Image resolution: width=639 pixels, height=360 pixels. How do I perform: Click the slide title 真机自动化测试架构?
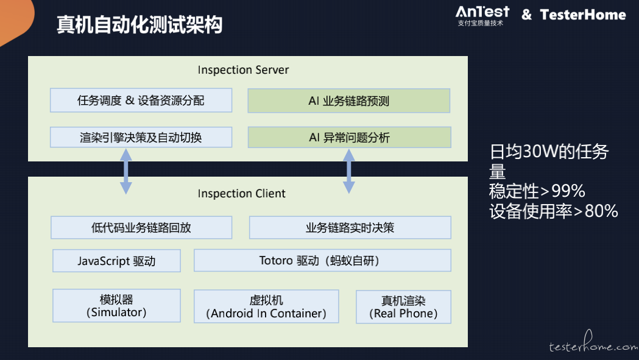pos(139,24)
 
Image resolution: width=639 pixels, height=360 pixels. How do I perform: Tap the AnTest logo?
pos(482,16)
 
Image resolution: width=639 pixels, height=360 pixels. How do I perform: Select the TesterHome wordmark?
pos(583,15)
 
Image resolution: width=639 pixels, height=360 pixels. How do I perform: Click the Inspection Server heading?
pos(243,69)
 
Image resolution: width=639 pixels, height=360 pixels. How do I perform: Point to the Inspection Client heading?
pos(242,193)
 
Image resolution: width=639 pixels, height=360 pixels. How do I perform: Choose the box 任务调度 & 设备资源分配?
pos(141,101)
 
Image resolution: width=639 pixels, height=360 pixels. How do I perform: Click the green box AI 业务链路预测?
pos(349,101)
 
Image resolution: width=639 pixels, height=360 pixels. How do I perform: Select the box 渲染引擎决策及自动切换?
pos(141,138)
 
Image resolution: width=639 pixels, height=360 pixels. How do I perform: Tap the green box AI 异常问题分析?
pos(349,138)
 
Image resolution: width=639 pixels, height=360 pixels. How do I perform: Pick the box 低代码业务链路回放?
pos(141,227)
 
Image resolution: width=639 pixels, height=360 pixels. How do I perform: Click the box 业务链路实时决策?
pos(350,227)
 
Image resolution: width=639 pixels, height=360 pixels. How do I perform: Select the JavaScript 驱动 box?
pos(116,261)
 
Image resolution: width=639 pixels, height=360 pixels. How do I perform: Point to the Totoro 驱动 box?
pos(322,261)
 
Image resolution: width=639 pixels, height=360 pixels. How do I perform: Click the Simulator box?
pos(116,306)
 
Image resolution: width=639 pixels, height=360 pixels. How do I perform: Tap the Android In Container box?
pos(266,306)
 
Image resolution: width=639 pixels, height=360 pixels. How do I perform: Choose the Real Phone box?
pos(403,307)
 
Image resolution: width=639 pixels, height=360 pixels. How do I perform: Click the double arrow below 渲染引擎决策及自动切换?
pos(126,171)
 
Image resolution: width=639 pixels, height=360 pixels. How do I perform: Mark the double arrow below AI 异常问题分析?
pos(349,171)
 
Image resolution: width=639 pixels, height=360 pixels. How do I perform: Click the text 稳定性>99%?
pos(537,191)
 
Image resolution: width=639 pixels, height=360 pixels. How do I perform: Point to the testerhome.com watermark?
pos(593,343)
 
